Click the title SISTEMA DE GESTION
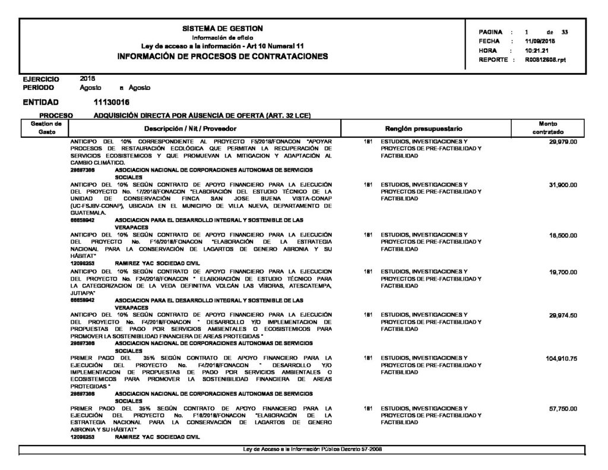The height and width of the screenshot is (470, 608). [x=223, y=29]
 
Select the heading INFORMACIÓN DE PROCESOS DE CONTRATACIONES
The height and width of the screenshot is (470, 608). [x=223, y=56]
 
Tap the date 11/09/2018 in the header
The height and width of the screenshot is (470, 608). [x=540, y=41]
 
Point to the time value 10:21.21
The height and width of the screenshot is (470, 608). [x=537, y=51]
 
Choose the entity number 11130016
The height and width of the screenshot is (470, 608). [x=112, y=102]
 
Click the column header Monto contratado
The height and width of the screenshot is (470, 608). [x=547, y=127]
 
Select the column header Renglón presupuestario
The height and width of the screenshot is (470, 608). [x=424, y=128]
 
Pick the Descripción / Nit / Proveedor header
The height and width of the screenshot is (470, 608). [x=191, y=128]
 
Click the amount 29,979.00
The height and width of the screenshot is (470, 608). [x=563, y=143]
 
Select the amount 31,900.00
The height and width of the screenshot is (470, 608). [x=563, y=185]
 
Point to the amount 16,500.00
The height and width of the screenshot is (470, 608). [x=563, y=235]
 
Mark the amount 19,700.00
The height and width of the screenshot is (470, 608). [x=563, y=272]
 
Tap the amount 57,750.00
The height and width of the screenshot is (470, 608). [x=563, y=409]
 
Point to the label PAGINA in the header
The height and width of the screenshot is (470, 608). [x=491, y=31]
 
